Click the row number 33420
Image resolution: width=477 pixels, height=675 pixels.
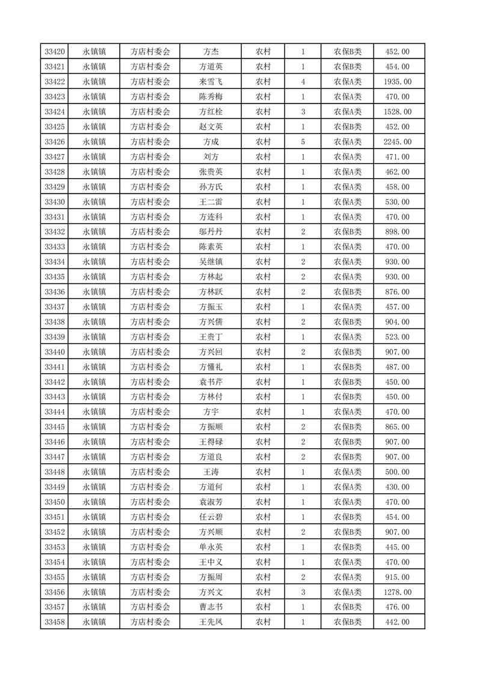[55, 52]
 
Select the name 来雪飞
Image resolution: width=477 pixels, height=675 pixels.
[211, 82]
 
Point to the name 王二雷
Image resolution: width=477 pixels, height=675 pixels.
[211, 202]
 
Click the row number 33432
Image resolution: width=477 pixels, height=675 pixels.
[55, 232]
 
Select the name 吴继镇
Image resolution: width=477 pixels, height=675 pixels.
[211, 262]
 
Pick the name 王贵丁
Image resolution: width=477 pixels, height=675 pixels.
[211, 337]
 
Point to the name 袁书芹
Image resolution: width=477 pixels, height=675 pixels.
[211, 382]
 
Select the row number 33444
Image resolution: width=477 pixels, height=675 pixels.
[55, 412]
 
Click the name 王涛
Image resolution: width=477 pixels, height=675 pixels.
[211, 472]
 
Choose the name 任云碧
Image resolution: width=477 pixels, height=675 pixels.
[211, 517]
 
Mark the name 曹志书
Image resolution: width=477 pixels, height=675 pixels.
[211, 607]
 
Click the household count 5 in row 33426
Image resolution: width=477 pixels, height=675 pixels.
[303, 142]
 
